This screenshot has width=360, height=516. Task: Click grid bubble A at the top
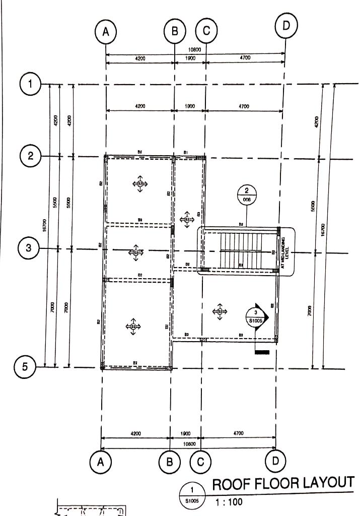click(x=106, y=31)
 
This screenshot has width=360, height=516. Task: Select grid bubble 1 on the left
click(x=31, y=84)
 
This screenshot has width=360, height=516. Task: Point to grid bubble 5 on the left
click(x=25, y=367)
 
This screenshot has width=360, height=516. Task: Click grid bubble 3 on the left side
click(x=29, y=248)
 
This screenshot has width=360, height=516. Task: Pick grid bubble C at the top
click(x=206, y=31)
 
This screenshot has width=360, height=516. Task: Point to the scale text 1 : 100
click(x=229, y=502)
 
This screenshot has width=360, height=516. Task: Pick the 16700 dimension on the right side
click(x=323, y=229)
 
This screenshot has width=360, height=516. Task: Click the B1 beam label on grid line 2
click(x=185, y=152)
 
